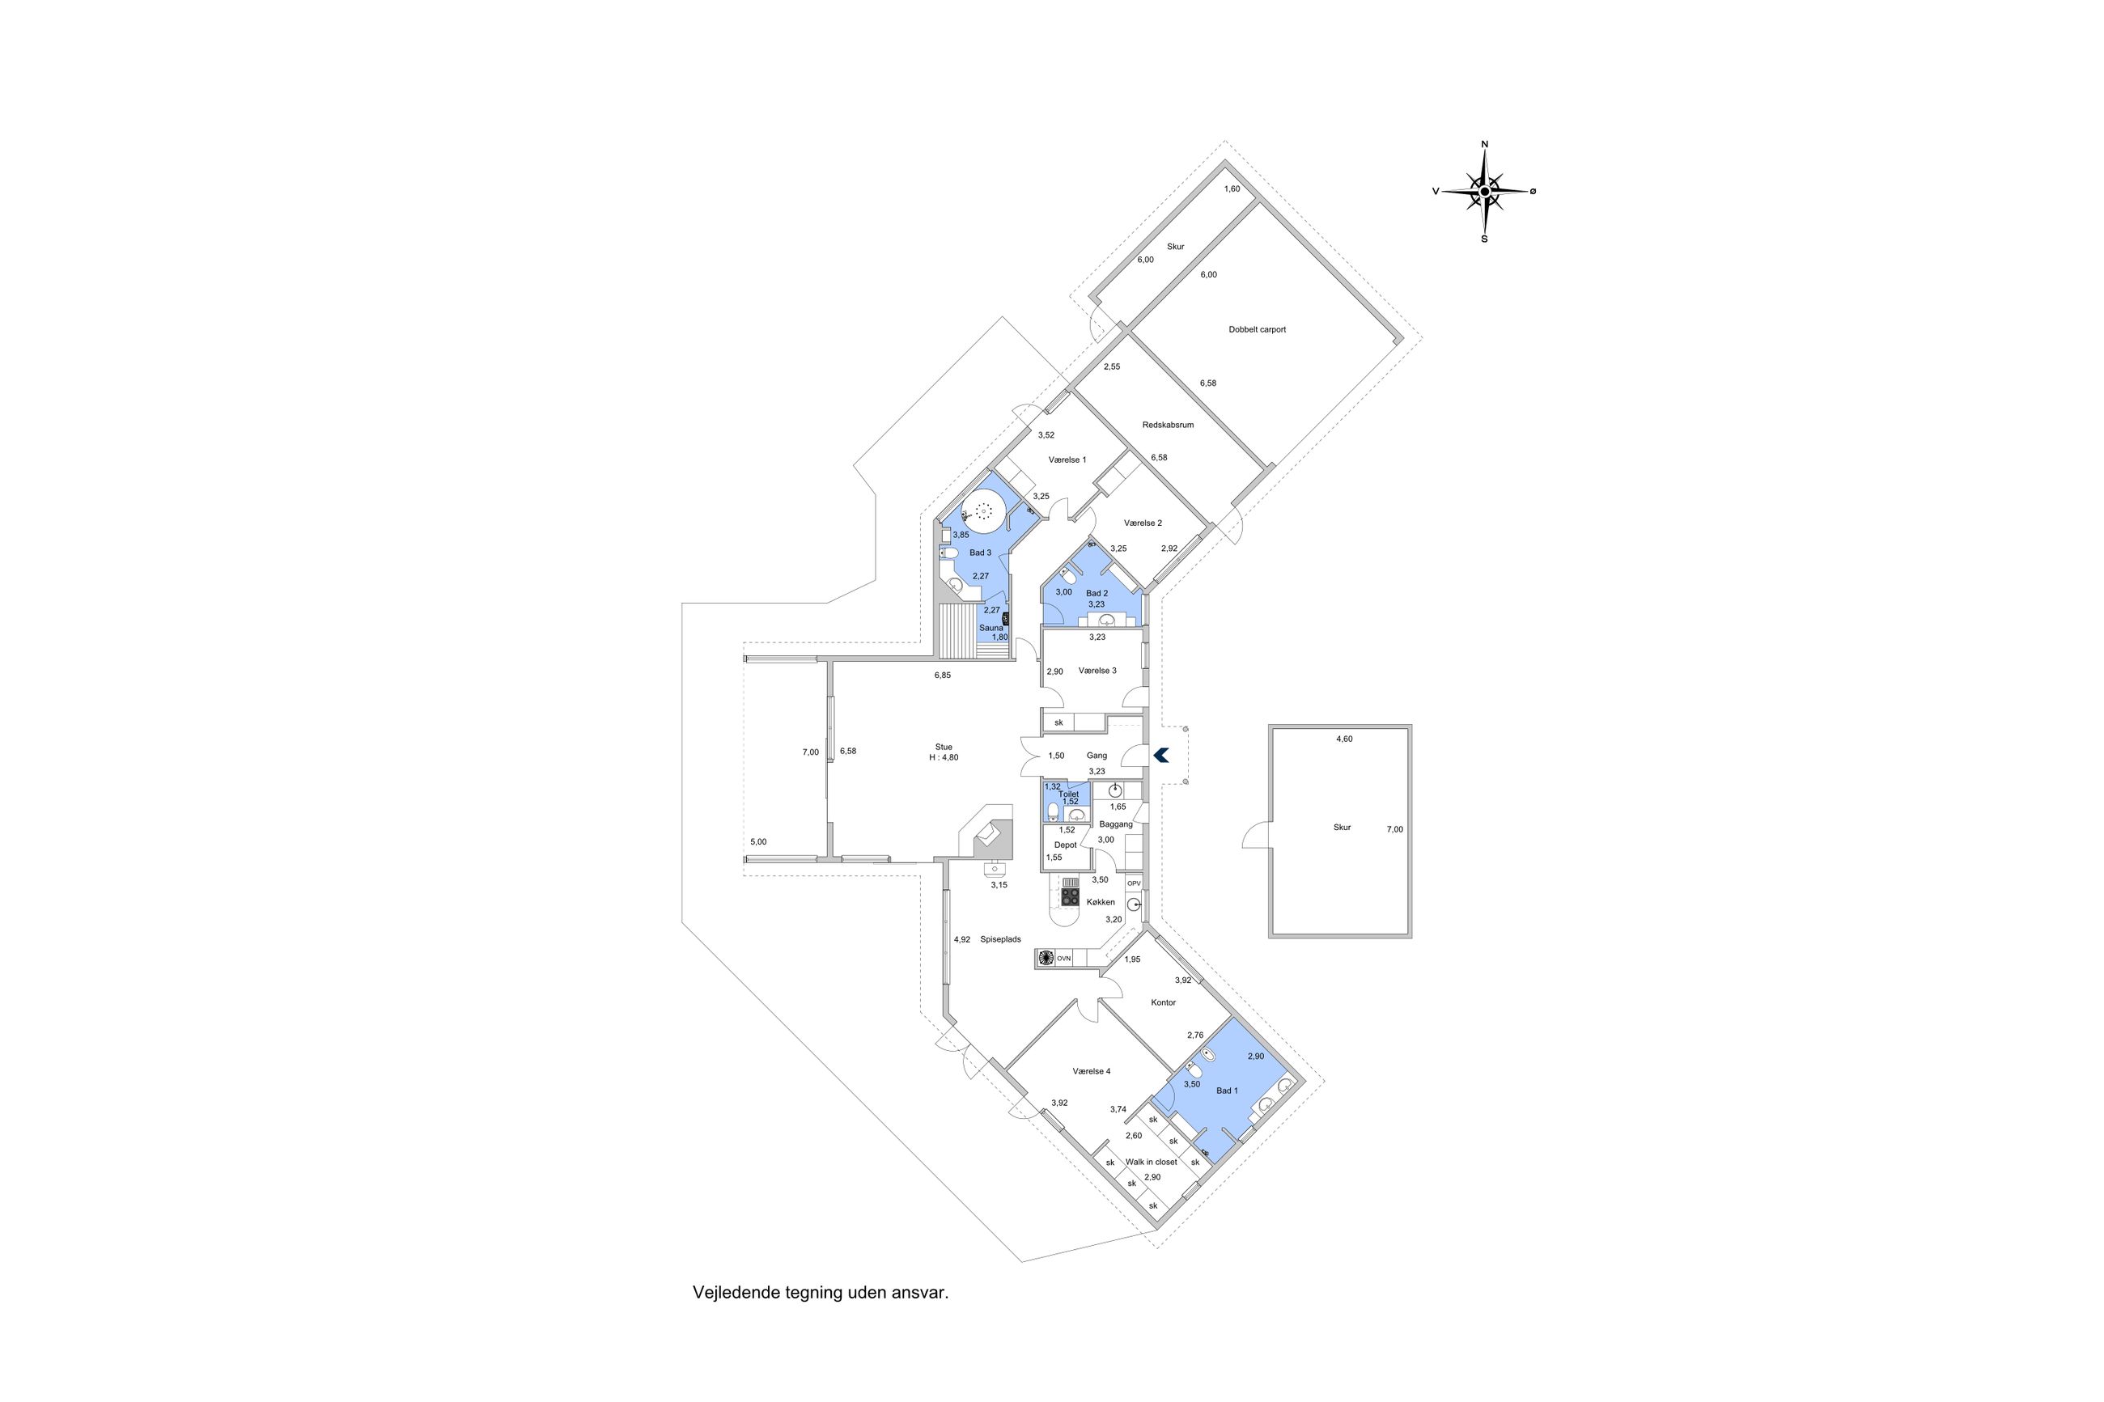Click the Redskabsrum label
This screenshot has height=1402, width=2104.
[1168, 425]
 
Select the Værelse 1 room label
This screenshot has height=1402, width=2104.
[1067, 460]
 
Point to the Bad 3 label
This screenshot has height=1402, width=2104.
[980, 553]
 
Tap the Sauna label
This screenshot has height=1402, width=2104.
[990, 629]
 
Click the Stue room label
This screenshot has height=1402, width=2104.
[944, 747]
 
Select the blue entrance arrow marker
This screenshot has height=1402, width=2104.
[1160, 756]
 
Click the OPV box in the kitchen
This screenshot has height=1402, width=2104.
[1134, 883]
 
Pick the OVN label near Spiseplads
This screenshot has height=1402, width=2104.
[1063, 959]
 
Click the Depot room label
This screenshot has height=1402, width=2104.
[1065, 845]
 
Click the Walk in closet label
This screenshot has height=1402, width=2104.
[1151, 1163]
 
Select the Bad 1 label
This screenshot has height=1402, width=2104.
[1227, 1091]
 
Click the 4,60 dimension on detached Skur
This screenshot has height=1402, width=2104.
[1344, 739]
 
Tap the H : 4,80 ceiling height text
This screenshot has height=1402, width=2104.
[944, 757]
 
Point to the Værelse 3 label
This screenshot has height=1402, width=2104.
[1097, 671]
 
